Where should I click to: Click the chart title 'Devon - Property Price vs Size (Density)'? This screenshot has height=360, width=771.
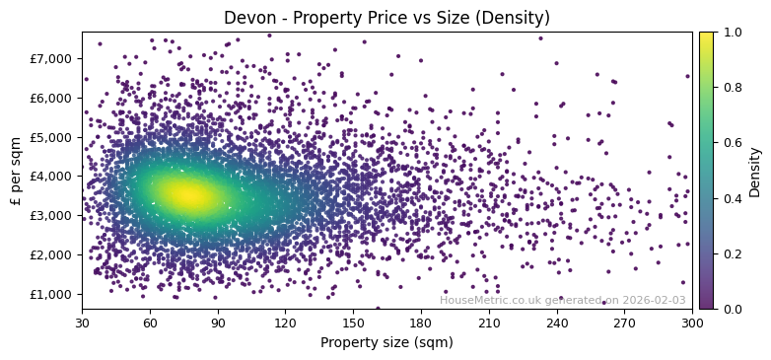386,18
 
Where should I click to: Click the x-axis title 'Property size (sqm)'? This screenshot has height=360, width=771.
386,342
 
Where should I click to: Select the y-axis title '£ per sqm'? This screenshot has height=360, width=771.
16,171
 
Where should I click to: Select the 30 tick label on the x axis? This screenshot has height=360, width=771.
82,323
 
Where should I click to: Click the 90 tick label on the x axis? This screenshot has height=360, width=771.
218,323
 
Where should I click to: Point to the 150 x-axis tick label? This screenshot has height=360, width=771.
353,323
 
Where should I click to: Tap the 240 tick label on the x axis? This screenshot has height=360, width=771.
557,323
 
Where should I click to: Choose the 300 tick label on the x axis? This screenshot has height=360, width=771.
692,323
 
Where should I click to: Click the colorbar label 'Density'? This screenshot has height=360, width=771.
755,171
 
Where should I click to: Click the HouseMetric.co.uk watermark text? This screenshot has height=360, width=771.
562,300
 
